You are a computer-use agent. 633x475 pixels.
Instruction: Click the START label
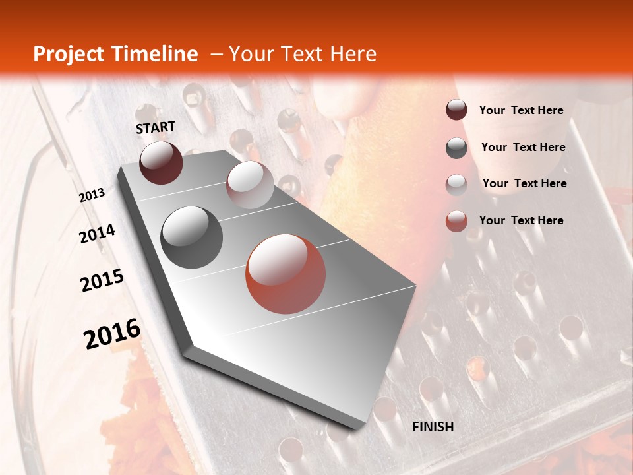point(156,127)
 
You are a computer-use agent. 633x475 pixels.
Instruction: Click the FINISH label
point(433,427)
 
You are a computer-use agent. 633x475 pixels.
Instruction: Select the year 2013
point(92,195)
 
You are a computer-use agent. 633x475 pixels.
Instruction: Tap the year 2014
point(98,234)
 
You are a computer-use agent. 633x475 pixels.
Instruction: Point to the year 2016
point(112,334)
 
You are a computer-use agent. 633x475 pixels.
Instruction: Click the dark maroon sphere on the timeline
point(161,162)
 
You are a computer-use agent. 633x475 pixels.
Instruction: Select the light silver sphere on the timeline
point(250,185)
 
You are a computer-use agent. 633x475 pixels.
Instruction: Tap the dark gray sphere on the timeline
point(192,237)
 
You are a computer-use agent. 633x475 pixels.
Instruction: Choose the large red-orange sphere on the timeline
point(286,274)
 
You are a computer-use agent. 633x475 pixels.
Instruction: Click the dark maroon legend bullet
point(456,110)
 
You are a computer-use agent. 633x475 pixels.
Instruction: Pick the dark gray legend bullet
point(456,148)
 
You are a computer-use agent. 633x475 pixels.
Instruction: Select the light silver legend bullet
point(456,185)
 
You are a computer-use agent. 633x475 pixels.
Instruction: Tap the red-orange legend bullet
point(456,222)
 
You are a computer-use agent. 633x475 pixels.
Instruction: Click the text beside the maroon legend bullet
point(522,110)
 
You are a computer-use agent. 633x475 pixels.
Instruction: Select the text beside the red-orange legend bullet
point(522,220)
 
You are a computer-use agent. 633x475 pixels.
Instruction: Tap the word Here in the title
point(353,54)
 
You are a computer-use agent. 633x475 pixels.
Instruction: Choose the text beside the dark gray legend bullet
point(524,147)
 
